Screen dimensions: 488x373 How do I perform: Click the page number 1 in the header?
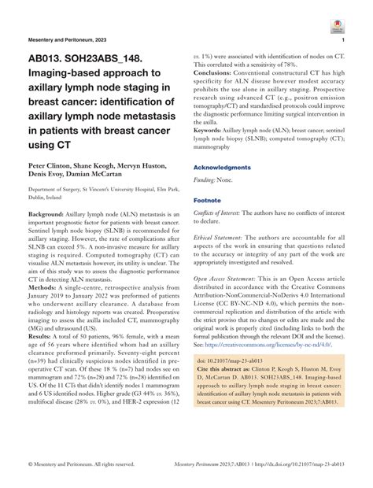343,39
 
